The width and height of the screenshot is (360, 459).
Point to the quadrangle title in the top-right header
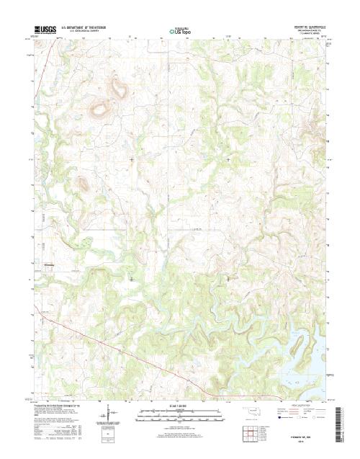[305, 26]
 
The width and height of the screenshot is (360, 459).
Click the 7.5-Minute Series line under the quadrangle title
[305, 32]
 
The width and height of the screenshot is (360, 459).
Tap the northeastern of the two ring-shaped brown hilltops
[118, 90]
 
